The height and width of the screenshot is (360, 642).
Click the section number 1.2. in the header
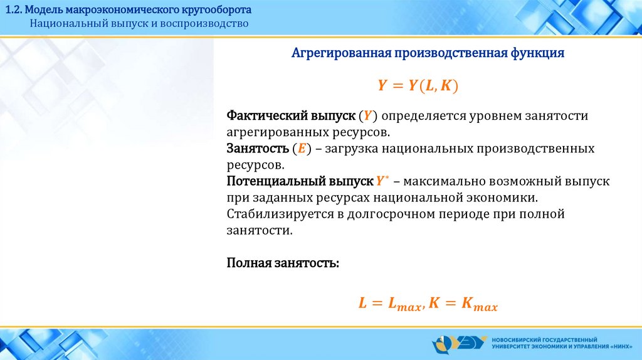[x=13, y=9]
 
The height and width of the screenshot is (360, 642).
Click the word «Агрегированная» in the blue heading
[x=342, y=53]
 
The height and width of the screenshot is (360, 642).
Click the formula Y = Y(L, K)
[x=418, y=85]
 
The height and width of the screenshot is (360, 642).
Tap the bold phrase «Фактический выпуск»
[x=291, y=116]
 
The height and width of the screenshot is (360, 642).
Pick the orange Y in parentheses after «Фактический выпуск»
[x=367, y=116]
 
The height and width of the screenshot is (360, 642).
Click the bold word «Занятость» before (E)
[x=258, y=148]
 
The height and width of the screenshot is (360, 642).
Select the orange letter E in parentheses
[x=302, y=148]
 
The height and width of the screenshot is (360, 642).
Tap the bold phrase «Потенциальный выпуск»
[x=300, y=181]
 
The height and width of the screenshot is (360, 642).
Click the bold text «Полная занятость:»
[x=283, y=263]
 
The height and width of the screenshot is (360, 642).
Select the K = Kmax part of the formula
[x=463, y=304]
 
